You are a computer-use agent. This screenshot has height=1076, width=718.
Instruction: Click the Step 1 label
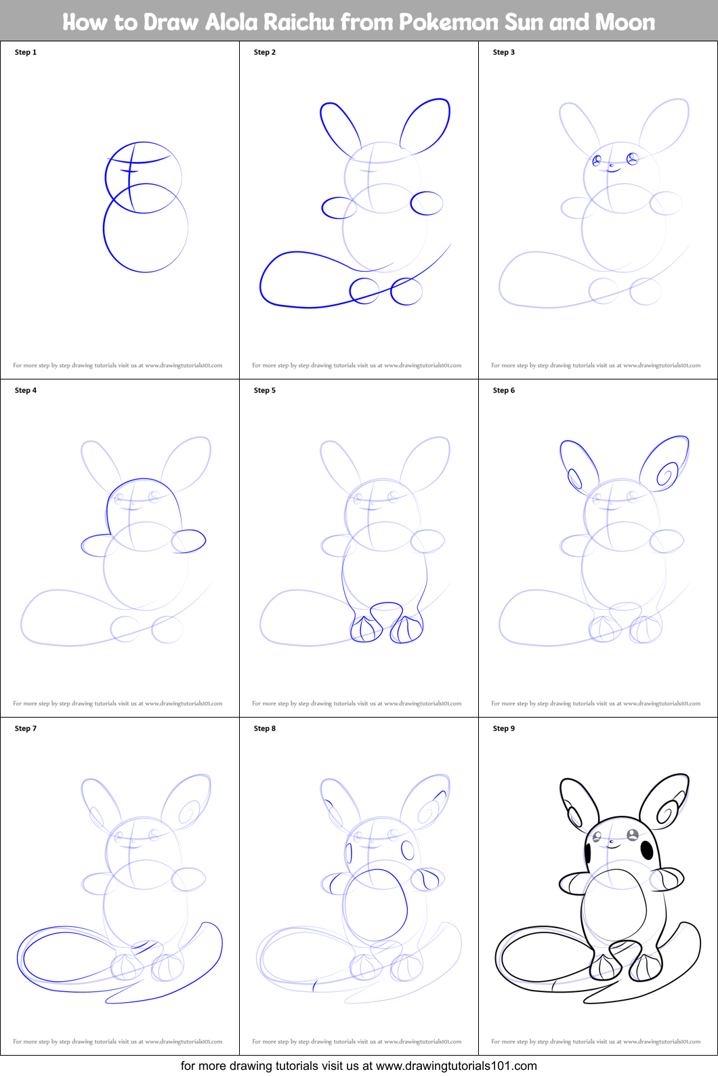26,52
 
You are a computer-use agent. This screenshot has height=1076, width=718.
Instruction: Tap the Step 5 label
265,390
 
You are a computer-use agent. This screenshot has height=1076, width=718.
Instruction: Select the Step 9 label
504,728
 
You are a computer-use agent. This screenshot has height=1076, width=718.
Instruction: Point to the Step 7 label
26,728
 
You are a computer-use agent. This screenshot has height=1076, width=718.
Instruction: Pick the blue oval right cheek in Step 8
408,850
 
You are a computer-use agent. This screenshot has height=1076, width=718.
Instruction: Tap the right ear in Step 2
426,125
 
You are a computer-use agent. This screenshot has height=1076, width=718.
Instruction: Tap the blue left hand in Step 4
96,545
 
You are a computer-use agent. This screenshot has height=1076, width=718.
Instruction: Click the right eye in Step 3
633,159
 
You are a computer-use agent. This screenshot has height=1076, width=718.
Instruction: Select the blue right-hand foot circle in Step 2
406,291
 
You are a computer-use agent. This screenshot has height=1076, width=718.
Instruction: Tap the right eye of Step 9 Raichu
633,835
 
